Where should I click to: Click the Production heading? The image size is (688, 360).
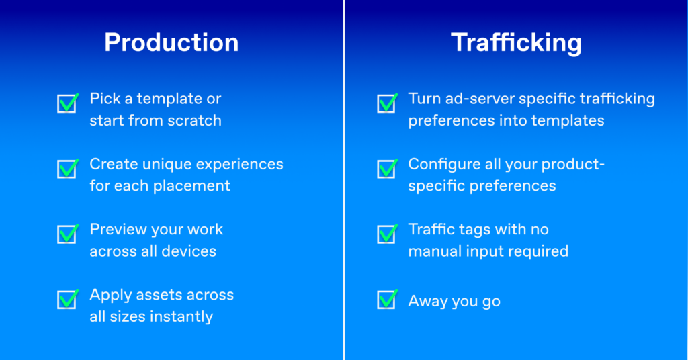(x=171, y=42)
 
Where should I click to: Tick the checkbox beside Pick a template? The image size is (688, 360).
(x=68, y=103)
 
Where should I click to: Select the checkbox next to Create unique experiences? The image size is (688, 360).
(x=68, y=169)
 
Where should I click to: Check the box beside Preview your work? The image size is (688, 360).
(x=68, y=234)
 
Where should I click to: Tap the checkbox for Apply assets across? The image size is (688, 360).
(x=68, y=299)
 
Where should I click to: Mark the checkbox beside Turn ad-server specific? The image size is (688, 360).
(x=387, y=103)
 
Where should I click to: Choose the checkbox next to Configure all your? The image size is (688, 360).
(x=387, y=169)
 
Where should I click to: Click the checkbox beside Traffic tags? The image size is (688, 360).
(x=387, y=234)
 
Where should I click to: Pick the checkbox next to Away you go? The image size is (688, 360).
(x=387, y=299)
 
